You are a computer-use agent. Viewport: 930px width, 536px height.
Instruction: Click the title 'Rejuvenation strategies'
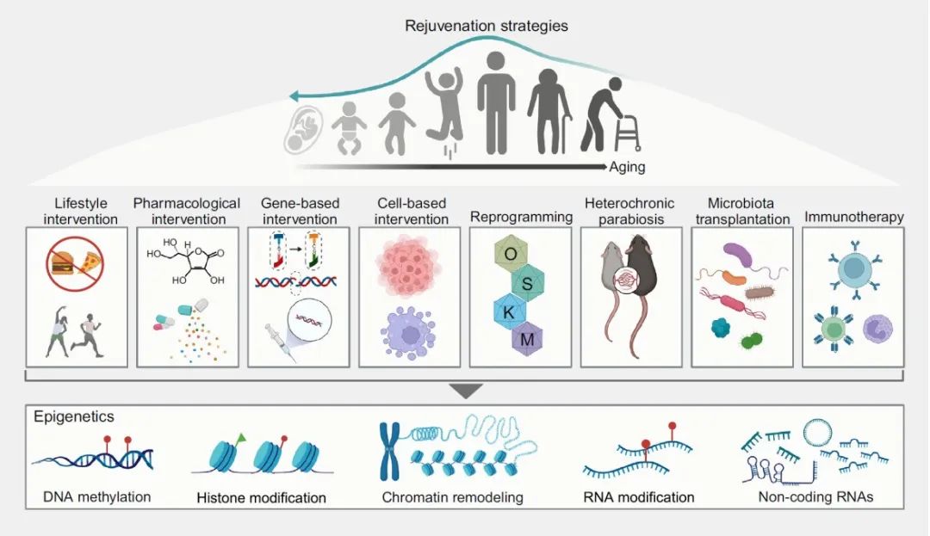point(487,26)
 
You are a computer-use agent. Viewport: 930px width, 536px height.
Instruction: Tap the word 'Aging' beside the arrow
point(627,168)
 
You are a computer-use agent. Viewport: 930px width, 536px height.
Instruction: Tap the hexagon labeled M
point(527,339)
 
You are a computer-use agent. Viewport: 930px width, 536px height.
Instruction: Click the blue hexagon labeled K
point(509,311)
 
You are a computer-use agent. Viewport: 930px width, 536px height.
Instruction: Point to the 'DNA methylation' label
point(96,496)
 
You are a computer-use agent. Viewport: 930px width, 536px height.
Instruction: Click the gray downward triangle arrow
point(465,391)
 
